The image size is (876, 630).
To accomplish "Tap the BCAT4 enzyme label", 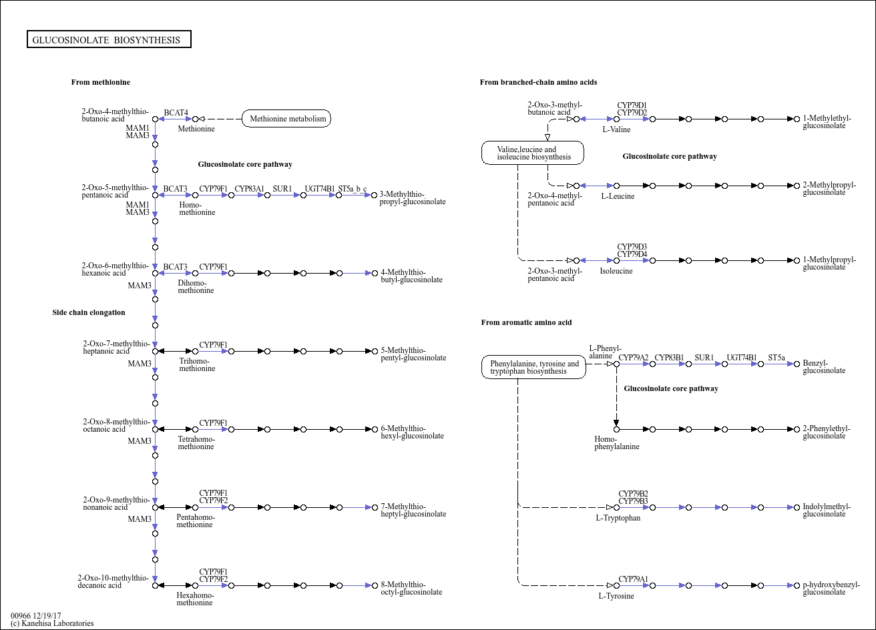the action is click(x=176, y=113).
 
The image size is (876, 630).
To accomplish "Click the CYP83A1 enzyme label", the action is click(x=249, y=188).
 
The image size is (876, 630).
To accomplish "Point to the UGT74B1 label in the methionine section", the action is click(x=320, y=188).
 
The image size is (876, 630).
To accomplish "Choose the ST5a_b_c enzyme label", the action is click(x=353, y=189).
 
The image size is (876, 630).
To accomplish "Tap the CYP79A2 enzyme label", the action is click(x=633, y=357).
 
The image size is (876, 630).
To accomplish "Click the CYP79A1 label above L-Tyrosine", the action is click(x=633, y=579).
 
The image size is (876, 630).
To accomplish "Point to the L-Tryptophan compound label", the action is click(x=618, y=518).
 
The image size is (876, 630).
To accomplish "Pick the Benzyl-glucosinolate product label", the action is click(x=824, y=366).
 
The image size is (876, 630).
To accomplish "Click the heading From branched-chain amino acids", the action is click(x=539, y=82).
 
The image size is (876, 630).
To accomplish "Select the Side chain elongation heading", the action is click(x=89, y=312).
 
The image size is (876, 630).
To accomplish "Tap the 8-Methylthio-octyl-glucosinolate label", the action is click(x=411, y=588).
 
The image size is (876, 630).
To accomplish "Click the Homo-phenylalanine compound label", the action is click(x=617, y=442).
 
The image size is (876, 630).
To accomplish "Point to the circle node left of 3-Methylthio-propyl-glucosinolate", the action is click(x=375, y=195).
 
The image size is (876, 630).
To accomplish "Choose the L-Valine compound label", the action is click(x=616, y=129).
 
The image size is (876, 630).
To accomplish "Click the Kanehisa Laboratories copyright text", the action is click(x=52, y=623).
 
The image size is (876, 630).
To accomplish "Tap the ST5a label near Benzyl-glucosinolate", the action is click(x=777, y=357).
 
